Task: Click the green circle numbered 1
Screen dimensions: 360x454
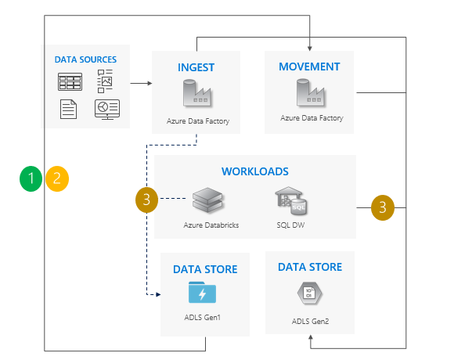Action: (x=31, y=179)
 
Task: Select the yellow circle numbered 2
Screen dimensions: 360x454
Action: (x=57, y=179)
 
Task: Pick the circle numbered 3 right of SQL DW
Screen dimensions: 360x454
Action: (x=382, y=207)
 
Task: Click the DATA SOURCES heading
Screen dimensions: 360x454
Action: (x=85, y=59)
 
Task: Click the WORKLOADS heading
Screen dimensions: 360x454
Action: (x=254, y=171)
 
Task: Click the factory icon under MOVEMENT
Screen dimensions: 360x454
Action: (x=311, y=94)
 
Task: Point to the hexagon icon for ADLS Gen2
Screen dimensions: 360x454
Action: (x=310, y=293)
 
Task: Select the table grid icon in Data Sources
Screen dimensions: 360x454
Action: (x=69, y=81)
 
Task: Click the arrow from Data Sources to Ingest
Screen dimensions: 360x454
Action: (x=141, y=82)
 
